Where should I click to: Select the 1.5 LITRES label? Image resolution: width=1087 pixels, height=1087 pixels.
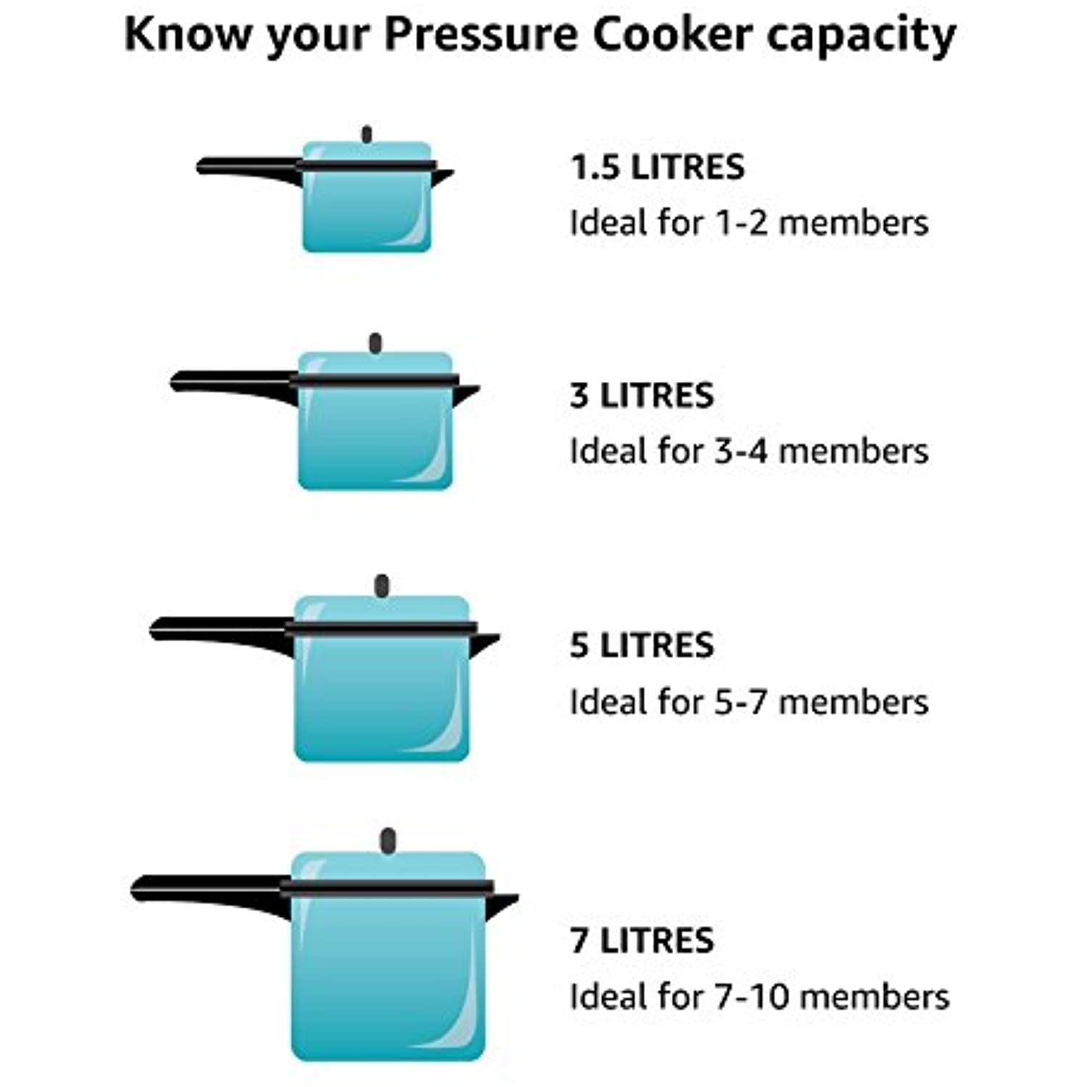(x=657, y=167)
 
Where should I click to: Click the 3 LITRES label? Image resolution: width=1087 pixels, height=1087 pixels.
(x=642, y=396)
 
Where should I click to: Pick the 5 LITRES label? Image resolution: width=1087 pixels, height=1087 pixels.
(x=642, y=645)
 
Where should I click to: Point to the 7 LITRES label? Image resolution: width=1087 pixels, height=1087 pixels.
(x=642, y=941)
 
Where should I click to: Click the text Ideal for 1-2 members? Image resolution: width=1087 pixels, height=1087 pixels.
(x=749, y=222)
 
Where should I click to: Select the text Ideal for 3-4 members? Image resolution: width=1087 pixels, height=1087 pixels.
(x=749, y=451)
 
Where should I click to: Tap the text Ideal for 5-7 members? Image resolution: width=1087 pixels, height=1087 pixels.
(x=749, y=701)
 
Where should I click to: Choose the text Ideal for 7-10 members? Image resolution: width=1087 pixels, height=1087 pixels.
(x=759, y=996)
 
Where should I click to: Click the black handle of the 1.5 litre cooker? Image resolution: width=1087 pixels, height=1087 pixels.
(x=246, y=168)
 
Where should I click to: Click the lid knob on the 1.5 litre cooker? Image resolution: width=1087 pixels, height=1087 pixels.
(x=367, y=135)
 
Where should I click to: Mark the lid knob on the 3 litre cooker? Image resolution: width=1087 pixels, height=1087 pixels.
(x=375, y=343)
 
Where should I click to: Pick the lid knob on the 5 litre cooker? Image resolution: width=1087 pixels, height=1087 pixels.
(x=382, y=586)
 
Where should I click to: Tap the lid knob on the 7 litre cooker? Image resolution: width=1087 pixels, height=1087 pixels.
(x=388, y=841)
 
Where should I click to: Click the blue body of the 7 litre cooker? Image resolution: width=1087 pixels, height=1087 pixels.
(x=388, y=978)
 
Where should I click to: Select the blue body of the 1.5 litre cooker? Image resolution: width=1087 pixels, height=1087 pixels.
(x=367, y=210)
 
